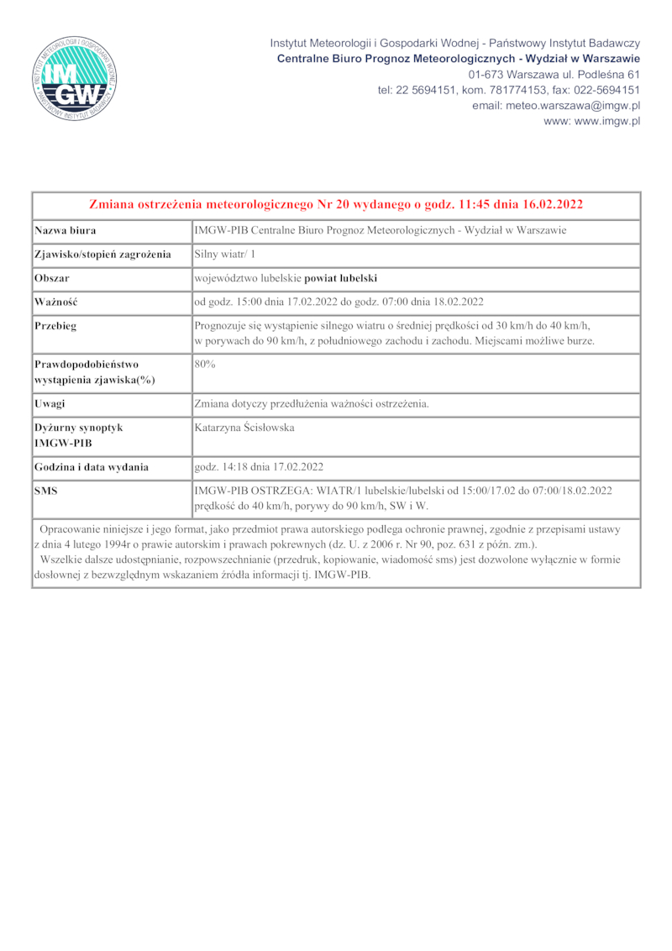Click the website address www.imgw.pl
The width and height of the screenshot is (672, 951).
[x=592, y=121]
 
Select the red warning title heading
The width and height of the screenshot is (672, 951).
[x=336, y=204]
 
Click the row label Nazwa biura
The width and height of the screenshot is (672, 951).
[x=65, y=230]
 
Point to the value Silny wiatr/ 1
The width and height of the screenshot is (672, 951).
[x=225, y=254]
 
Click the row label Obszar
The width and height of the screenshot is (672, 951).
[x=51, y=278]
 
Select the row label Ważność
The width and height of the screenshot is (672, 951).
[x=55, y=302]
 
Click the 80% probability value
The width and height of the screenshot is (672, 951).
[x=206, y=364]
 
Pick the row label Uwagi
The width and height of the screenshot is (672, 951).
[x=50, y=404]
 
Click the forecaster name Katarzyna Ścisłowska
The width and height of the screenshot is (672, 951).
[x=244, y=428]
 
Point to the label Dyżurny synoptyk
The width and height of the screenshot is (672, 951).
[x=79, y=428]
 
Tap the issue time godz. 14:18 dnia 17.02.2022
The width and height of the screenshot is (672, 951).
[x=259, y=466]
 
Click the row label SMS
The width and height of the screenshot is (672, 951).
[x=46, y=490]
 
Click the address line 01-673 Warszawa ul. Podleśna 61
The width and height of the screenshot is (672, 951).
[x=554, y=75]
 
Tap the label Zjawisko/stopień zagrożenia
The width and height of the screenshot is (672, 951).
[x=102, y=254]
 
